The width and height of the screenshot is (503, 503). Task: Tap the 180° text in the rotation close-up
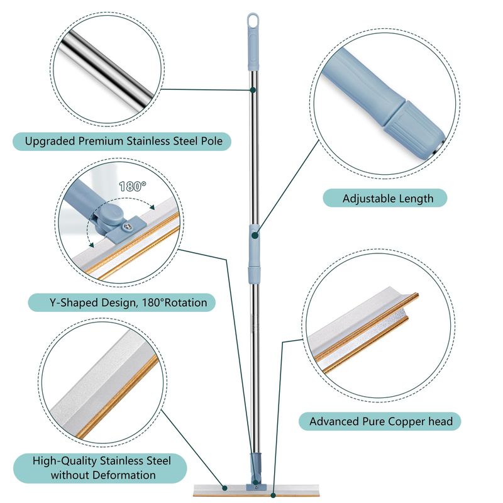pos(133,186)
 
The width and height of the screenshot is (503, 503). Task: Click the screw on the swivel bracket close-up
pos(128,227)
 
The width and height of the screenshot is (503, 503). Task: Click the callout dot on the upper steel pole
pos(253,90)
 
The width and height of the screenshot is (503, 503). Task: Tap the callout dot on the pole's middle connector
pos(255,235)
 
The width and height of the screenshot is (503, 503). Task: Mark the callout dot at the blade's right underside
pos(273,495)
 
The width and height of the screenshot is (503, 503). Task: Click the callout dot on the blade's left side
pos(225,488)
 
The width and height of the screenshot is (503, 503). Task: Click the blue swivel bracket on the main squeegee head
pos(256,486)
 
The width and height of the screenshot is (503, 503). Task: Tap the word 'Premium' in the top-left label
pos(101,141)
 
